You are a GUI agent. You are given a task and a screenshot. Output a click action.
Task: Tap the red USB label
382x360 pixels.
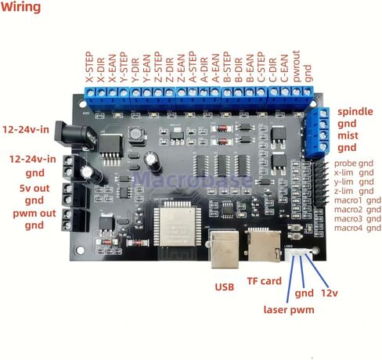(225, 287)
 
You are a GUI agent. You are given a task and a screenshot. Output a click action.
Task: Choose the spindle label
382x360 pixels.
(355, 112)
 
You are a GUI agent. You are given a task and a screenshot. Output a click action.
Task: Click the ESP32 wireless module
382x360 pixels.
(181, 226)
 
